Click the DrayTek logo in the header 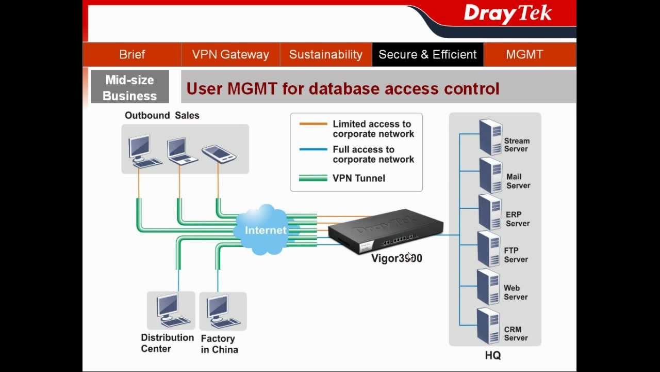[x=507, y=14]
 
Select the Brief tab [x=132, y=54]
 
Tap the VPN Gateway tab [x=230, y=54]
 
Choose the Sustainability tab [x=325, y=54]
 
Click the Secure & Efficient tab [x=427, y=54]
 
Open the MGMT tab [x=524, y=54]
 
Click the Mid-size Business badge [x=130, y=87]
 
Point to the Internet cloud [x=265, y=230]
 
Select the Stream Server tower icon [x=490, y=137]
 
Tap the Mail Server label [x=518, y=181]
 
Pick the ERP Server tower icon [x=490, y=212]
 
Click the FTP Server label [x=516, y=255]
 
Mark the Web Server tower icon [x=488, y=287]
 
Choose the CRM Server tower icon [x=488, y=326]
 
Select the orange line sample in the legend [x=313, y=124]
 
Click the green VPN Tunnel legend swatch [x=313, y=178]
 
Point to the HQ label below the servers [x=492, y=355]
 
